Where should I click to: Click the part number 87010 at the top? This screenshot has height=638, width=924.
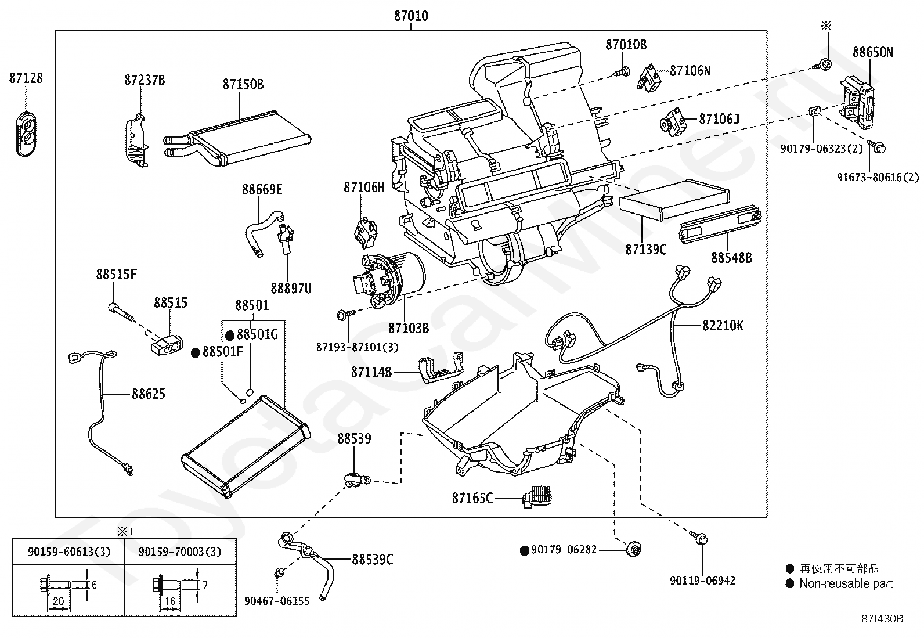point(411,16)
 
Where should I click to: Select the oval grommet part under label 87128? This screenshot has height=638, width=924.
point(26,134)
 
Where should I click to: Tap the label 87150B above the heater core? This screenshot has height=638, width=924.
point(243,84)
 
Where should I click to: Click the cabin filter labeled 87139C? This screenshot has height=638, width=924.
point(674,200)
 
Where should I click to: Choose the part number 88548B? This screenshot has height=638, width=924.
point(731,258)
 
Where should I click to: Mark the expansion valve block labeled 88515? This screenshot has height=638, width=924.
point(167,345)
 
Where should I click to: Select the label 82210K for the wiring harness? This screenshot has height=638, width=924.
point(723,326)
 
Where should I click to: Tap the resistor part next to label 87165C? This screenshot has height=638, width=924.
point(538,496)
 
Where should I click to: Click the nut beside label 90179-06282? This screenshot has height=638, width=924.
point(634,550)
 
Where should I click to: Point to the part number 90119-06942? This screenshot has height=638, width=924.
point(702,581)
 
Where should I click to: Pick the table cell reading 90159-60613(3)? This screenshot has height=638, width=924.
point(69,552)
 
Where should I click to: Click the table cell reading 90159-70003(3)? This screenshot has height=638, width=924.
point(180,552)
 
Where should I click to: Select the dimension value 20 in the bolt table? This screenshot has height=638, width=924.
point(58,601)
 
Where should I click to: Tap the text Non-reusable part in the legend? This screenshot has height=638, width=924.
point(846,583)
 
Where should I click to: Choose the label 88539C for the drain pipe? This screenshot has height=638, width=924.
point(372,560)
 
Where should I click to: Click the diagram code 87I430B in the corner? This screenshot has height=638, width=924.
point(882,619)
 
